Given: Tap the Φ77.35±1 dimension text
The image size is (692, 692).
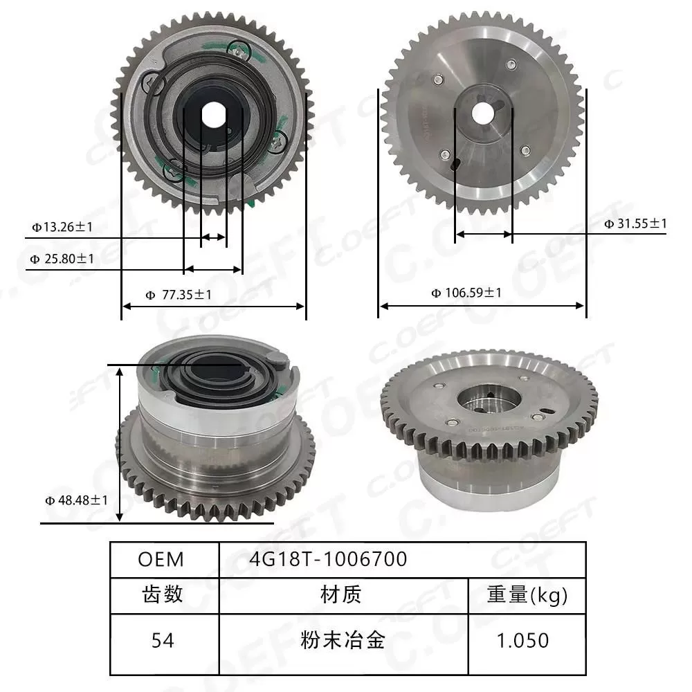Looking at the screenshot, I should [x=179, y=295].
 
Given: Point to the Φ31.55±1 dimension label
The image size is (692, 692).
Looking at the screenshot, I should [x=635, y=223].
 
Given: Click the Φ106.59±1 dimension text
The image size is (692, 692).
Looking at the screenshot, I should [x=466, y=293].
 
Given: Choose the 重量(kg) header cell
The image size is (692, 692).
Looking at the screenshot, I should [x=527, y=595].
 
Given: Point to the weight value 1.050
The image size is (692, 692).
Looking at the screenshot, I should [x=527, y=640].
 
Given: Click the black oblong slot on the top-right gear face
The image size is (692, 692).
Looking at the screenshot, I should [x=455, y=165].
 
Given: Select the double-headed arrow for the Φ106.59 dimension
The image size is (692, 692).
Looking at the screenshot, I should [x=482, y=304].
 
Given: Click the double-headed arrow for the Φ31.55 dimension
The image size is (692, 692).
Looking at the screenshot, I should [x=483, y=235].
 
